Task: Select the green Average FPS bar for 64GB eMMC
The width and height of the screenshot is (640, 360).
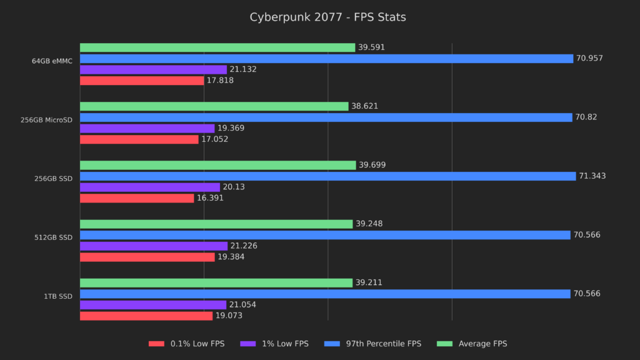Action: click(x=217, y=47)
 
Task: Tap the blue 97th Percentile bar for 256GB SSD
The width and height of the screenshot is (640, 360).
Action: click(x=327, y=176)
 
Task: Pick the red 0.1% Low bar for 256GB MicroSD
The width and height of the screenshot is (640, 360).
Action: click(x=139, y=139)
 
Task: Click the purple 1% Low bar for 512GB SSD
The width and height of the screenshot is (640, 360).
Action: click(x=153, y=246)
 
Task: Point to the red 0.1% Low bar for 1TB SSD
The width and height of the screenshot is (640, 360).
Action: click(x=146, y=316)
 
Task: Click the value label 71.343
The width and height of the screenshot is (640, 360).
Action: click(x=592, y=176)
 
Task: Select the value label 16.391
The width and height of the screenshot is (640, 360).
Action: click(x=210, y=198)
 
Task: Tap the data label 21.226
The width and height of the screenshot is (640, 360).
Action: click(x=244, y=246)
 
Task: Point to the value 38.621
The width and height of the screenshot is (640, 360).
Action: click(x=364, y=106)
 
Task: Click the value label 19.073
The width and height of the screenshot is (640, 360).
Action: click(x=229, y=316)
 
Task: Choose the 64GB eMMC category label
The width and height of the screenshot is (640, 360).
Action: click(x=52, y=61)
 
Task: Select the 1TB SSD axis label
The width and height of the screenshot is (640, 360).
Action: click(x=58, y=296)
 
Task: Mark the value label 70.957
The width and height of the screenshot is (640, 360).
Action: click(x=589, y=59)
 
